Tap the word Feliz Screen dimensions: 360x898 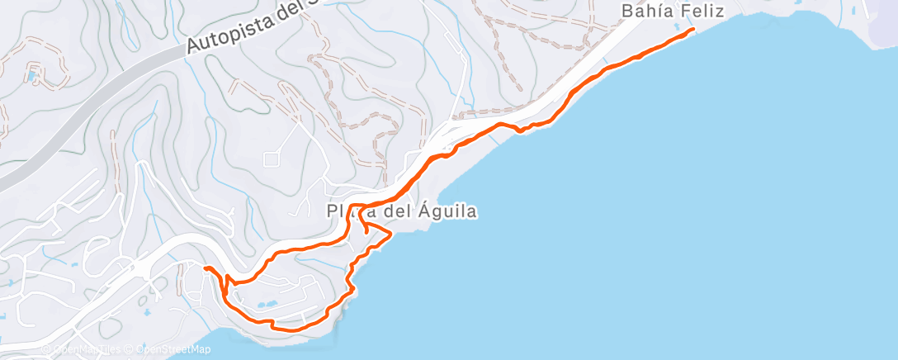702,12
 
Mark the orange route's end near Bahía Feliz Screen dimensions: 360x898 692,30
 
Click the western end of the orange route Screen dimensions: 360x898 205,269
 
